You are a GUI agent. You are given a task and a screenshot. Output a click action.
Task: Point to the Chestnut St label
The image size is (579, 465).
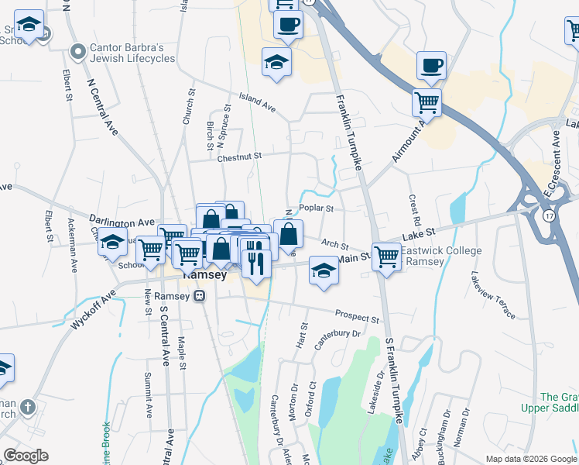click(x=240, y=157)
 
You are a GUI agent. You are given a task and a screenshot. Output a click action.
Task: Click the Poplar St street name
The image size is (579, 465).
click(x=316, y=208)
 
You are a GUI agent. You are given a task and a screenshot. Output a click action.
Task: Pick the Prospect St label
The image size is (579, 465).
click(x=357, y=316)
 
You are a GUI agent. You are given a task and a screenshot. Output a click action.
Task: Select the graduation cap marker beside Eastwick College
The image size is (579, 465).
click(x=324, y=271)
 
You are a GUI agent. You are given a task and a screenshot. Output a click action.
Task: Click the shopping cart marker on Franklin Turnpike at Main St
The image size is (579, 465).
click(x=385, y=256)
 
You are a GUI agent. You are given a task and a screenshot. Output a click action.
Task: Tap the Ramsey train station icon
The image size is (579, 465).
click(x=199, y=295)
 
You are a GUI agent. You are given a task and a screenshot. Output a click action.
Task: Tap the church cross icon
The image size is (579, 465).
click(x=28, y=407)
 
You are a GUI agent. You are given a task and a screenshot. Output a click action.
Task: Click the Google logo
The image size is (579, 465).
click(x=26, y=456)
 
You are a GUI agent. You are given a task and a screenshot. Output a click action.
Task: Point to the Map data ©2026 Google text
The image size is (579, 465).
click(x=530, y=459)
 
